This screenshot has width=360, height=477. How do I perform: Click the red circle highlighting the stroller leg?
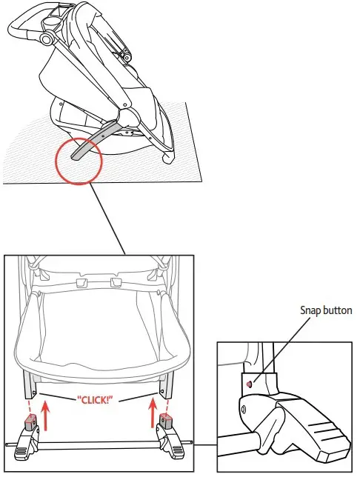click(x=79, y=159)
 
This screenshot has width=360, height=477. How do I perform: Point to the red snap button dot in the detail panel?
click(x=250, y=384)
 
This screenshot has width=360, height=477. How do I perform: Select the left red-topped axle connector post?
click(x=30, y=424)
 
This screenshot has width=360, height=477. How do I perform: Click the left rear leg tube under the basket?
click(x=30, y=384)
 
